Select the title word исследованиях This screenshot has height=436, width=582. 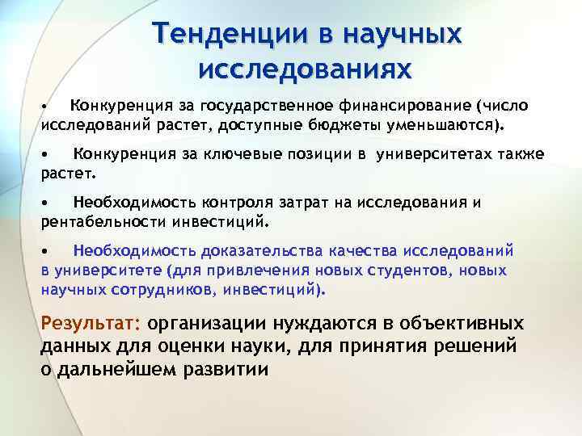tap(305, 68)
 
